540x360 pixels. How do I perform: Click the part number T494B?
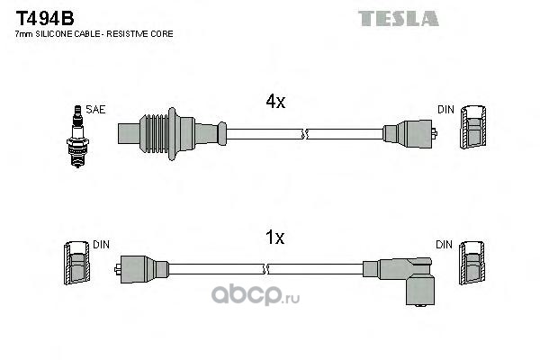coord(45,18)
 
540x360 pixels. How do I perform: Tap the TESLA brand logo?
coord(399,18)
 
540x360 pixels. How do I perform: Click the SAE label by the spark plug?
coord(95,110)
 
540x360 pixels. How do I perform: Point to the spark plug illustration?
coord(77,137)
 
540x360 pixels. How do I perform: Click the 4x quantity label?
coord(275,102)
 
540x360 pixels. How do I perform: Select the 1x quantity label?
coord(274,238)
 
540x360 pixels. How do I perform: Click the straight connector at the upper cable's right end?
coord(409,134)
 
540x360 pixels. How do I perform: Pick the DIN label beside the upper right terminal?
coord(445,110)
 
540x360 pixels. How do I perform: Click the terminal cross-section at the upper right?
coord(473,127)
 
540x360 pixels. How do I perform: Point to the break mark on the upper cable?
coord(304,134)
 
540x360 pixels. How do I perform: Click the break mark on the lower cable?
coord(265,269)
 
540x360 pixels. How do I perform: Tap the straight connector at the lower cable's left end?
coord(141,269)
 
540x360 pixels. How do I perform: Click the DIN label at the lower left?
coord(101,245)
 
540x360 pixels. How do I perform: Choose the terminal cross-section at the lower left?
coord(76,263)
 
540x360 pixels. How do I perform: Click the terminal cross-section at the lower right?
coord(472,263)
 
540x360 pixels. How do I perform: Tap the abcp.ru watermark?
coord(256,295)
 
